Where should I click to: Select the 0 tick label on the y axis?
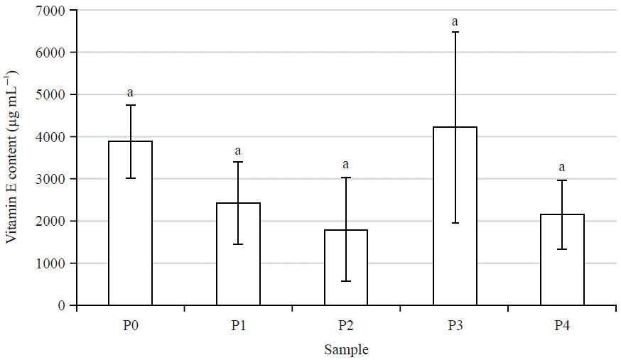coord(62,305)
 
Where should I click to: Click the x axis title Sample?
coord(346,349)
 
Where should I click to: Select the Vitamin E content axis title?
coord(12,158)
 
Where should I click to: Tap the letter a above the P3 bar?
coord(455,22)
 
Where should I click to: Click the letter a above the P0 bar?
coord(130,93)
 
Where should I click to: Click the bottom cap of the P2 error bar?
coord(346,281)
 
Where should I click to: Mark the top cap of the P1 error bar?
coord(238,162)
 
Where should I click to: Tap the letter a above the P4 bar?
coord(562,168)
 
